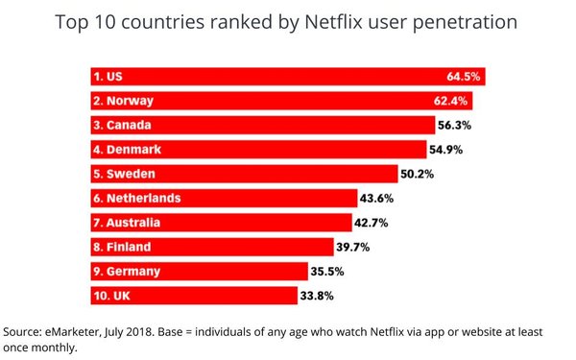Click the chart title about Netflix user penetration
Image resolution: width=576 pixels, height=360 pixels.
pos(287,21)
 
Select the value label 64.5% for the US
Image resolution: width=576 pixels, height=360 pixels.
pos(464,76)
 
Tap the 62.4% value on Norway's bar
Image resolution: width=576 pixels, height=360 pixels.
pos(451,100)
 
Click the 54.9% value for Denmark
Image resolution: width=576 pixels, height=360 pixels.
pos(447,149)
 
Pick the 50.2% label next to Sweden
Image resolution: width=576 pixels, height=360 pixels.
pos(419,174)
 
